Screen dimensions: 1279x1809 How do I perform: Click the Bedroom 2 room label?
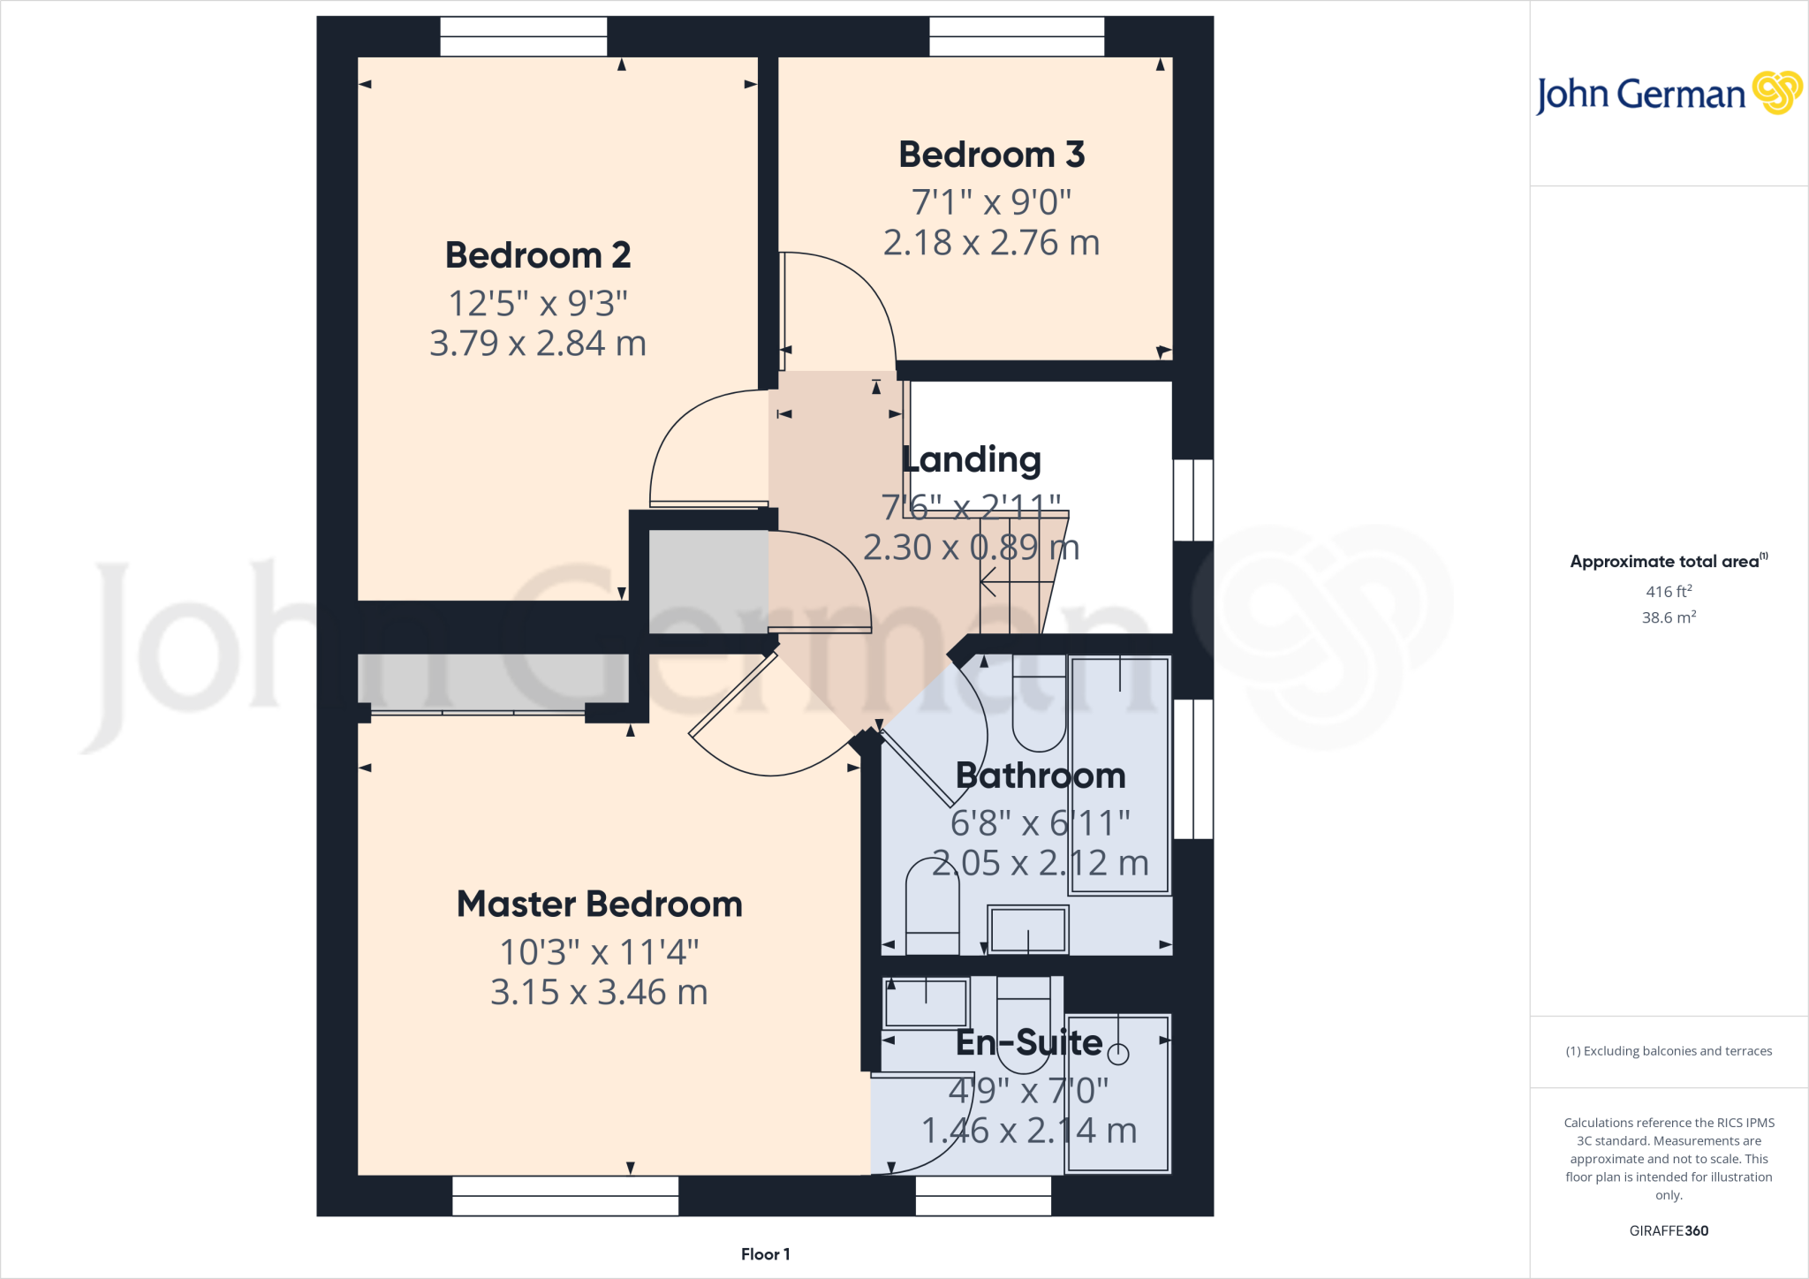click(x=538, y=255)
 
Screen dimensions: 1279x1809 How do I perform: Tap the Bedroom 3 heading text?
click(x=991, y=155)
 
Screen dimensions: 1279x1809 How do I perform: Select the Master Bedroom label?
click(x=599, y=904)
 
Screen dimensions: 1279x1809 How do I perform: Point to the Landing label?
click(x=972, y=459)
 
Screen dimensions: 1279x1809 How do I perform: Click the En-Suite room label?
click(x=1029, y=1042)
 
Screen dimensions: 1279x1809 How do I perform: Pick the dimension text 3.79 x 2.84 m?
click(x=538, y=343)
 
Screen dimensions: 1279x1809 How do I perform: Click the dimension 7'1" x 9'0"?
click(x=991, y=202)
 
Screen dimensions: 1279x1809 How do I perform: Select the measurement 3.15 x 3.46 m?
click(x=599, y=992)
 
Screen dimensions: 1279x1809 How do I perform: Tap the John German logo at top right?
click(x=1668, y=94)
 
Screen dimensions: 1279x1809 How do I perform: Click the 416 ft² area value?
click(x=1668, y=591)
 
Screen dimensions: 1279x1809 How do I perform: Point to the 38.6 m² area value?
click(x=1668, y=617)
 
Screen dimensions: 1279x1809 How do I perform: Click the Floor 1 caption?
click(x=765, y=1254)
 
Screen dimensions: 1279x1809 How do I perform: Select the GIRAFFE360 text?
click(x=1668, y=1230)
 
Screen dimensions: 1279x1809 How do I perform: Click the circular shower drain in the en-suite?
click(x=1118, y=1053)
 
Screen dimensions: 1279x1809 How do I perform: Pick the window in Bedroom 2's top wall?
click(x=523, y=36)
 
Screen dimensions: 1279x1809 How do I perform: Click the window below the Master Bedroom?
click(x=565, y=1196)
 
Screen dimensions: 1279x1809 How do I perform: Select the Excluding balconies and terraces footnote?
click(x=1668, y=1051)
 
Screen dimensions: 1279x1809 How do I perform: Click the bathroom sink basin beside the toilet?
click(x=1027, y=930)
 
